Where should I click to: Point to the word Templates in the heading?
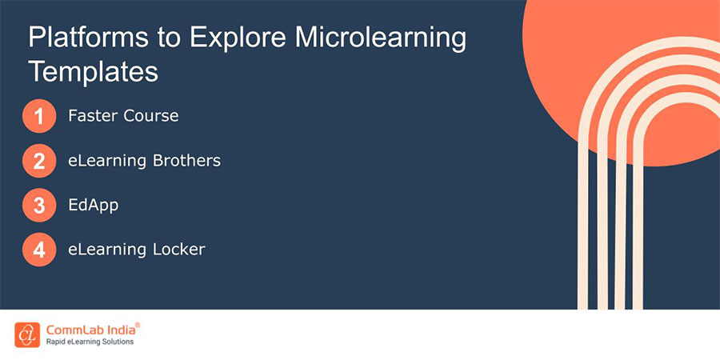(94, 72)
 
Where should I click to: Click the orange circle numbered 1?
(39, 117)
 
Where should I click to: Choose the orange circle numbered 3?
(39, 206)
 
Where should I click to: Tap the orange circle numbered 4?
(39, 250)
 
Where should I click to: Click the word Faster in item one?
(93, 116)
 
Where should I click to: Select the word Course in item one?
(150, 116)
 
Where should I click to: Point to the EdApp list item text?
(93, 206)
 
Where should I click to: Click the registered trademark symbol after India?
(138, 325)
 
